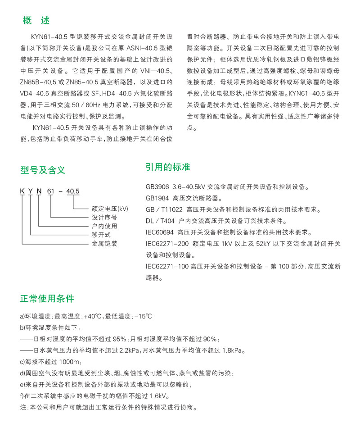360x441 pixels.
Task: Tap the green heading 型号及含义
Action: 43,170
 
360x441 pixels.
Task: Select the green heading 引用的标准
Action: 167,167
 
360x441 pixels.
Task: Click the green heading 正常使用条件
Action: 47,299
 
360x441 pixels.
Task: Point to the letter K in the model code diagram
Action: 22,191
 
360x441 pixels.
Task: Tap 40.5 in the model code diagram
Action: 73,191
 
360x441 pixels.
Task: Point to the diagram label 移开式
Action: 101,235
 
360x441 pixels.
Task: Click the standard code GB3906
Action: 156,186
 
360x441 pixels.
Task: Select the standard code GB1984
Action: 156,198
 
